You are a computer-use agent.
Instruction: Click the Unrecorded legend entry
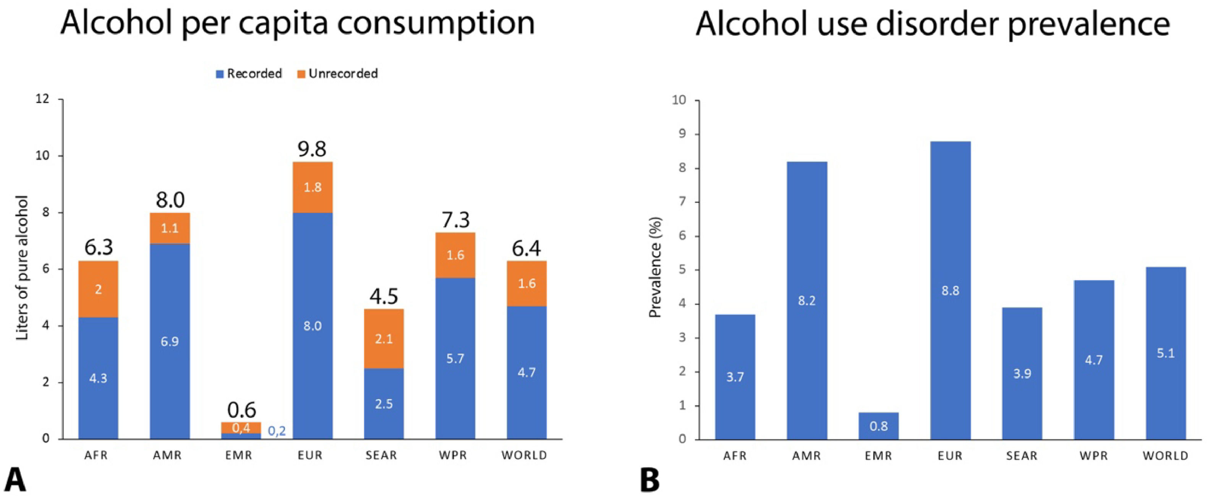tap(338, 74)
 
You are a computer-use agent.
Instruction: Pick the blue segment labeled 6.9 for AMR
tap(170, 341)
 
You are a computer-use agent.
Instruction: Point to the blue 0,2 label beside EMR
tap(277, 431)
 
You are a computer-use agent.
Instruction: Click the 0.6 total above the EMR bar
tap(241, 410)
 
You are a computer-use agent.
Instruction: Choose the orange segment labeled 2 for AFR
tap(98, 289)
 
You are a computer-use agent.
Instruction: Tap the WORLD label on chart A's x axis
tap(524, 455)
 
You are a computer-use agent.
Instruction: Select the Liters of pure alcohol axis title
tap(23, 268)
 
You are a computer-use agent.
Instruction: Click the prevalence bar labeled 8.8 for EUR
tap(950, 290)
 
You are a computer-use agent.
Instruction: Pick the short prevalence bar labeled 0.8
tap(878, 426)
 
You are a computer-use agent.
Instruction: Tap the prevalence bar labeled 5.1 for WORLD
tap(1165, 353)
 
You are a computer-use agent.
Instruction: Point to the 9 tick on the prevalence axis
tap(681, 134)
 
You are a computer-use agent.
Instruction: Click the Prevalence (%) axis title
tap(655, 268)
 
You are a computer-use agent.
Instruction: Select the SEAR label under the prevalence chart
tap(1022, 456)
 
